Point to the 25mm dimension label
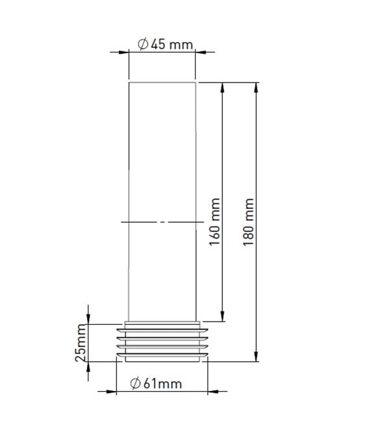[80, 344]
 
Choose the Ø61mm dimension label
[156, 384]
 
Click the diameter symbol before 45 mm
[143, 44]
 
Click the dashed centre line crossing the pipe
[162, 222]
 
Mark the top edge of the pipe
[162, 83]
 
